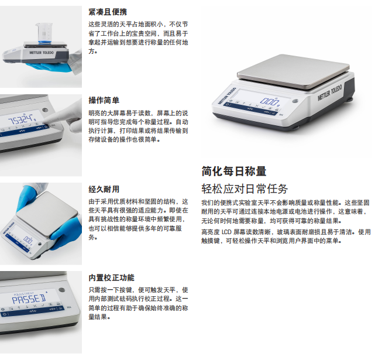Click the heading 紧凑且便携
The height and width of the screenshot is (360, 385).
[108, 12]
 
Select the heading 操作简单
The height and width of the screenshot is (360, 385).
[104, 100]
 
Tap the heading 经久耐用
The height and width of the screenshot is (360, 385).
[104, 189]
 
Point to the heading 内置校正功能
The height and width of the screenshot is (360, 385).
[112, 277]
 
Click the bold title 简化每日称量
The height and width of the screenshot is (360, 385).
[234, 171]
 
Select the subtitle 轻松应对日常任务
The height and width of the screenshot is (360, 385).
[245, 188]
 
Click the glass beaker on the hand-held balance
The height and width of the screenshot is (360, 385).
[44, 33]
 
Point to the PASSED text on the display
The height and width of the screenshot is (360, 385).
[29, 299]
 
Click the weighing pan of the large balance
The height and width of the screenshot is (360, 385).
[293, 71]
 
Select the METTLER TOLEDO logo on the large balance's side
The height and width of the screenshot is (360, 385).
[330, 93]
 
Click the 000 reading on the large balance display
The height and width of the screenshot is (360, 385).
[269, 101]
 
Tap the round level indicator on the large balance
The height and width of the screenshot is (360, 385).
[295, 101]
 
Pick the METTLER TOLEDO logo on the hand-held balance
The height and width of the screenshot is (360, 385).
[41, 53]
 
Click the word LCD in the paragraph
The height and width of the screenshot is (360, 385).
[226, 232]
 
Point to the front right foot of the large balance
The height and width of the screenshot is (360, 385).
[296, 128]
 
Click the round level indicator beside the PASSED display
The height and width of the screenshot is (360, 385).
[63, 290]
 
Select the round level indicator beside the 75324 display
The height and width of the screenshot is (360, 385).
[44, 110]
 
